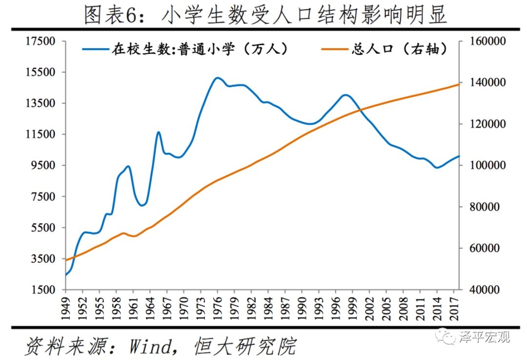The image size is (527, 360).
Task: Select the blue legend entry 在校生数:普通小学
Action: click(186, 49)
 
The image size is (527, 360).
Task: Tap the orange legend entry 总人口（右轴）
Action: click(385, 49)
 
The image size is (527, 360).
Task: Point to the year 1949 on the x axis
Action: click(66, 307)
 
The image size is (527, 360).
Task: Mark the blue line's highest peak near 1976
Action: click(217, 78)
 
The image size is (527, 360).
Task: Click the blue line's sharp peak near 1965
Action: click(159, 132)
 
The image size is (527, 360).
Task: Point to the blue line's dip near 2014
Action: click(437, 168)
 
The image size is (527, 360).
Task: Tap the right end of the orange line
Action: click(459, 84)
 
